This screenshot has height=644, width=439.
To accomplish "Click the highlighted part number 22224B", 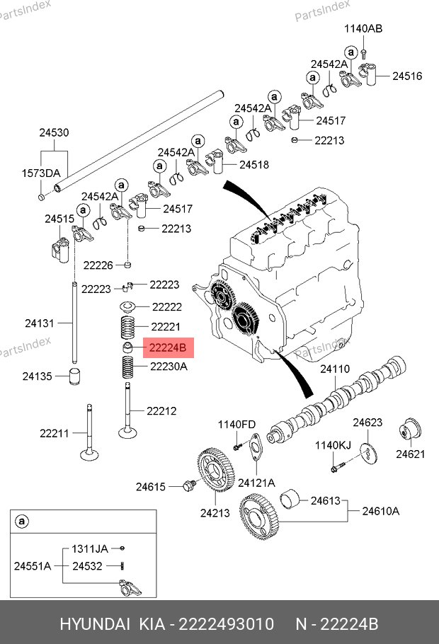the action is (168, 348).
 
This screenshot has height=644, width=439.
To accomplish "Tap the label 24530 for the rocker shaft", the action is (54, 132).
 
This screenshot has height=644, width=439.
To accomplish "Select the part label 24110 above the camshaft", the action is (335, 369).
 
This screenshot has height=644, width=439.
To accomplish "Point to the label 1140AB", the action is (363, 29).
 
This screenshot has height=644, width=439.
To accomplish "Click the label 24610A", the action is (381, 511).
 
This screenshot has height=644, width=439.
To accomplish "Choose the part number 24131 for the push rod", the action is (40, 323).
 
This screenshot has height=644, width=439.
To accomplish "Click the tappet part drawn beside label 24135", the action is (74, 376).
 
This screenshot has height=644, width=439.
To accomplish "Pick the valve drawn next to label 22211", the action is (89, 432).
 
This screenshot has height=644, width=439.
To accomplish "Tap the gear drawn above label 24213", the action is (215, 469).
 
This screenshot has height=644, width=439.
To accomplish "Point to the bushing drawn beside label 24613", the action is (290, 499).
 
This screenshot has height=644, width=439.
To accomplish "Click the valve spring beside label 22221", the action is (127, 328).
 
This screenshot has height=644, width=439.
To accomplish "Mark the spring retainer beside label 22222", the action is (128, 306).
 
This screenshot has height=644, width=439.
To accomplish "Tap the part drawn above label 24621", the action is (410, 432).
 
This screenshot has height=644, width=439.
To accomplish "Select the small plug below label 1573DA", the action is (42, 197).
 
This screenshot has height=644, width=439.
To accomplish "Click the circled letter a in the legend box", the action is (21, 522).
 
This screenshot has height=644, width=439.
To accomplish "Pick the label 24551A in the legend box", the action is (33, 566).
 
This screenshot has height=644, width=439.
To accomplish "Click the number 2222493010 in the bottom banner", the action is (227, 624).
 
